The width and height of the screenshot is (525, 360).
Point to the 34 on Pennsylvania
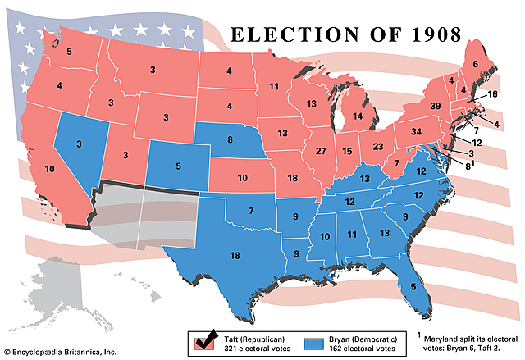click(416, 132)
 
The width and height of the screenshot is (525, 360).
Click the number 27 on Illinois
click(322, 152)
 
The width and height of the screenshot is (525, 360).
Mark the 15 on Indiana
click(347, 152)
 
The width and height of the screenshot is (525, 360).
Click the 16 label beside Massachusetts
click(492, 94)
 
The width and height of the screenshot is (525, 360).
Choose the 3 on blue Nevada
click(79, 144)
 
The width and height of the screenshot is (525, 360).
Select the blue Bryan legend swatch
click(317, 340)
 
